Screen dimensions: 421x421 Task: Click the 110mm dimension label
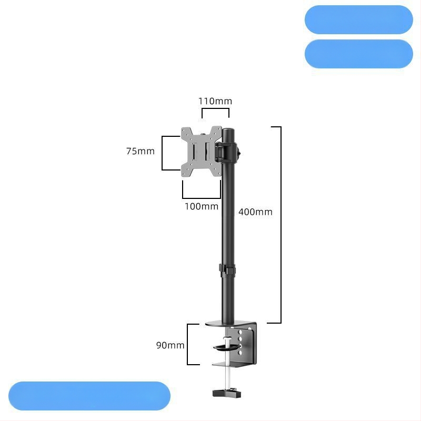pos(215,101)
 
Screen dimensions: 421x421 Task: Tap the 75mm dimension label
pos(141,151)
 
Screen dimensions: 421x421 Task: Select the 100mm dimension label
pos(202,206)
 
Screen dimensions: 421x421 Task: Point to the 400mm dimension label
pos(255,212)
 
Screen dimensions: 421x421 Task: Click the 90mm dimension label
pos(170,345)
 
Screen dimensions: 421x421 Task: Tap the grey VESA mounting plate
pos(202,151)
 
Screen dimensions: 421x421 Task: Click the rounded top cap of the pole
pos(228,132)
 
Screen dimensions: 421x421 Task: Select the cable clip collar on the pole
pos(227,271)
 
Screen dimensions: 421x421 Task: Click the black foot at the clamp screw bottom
pos(227,394)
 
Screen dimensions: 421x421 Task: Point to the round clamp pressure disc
pos(226,347)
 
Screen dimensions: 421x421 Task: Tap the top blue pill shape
pos(359,19)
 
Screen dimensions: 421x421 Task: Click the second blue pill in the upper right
pos(359,54)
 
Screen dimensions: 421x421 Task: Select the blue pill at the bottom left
pos(89,396)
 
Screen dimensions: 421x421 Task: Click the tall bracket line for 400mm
pos(281,225)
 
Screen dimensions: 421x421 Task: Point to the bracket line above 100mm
pos(202,198)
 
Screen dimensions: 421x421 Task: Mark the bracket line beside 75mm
pos(162,153)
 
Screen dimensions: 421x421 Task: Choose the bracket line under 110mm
pos(215,108)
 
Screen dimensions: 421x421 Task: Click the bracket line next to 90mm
pos(187,344)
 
